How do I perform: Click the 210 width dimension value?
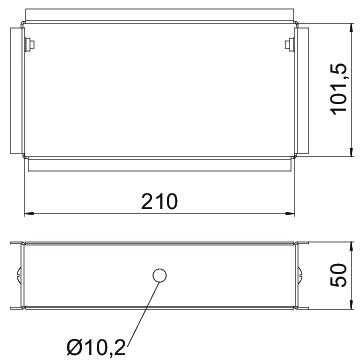click(x=159, y=202)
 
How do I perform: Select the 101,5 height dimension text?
click(x=340, y=89)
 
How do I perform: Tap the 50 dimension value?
click(x=339, y=275)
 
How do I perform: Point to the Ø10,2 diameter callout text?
click(x=96, y=348)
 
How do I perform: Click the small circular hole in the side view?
click(x=159, y=276)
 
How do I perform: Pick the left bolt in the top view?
click(x=30, y=45)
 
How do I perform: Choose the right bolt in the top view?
click(x=289, y=45)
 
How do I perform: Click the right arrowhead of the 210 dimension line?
click(x=290, y=213)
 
